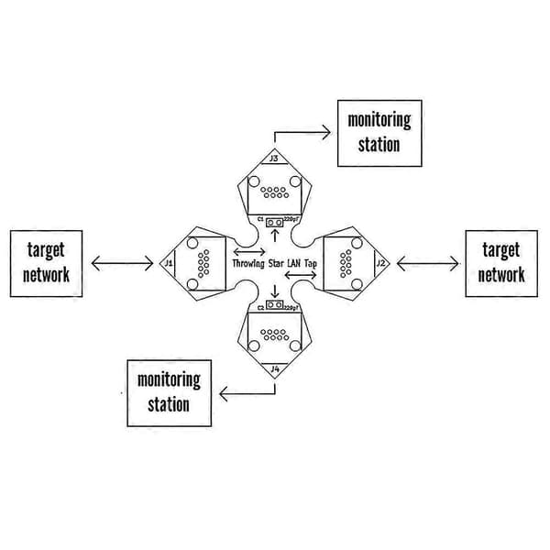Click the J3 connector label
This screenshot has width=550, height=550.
click(274, 159)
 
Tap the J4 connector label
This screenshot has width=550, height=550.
click(275, 369)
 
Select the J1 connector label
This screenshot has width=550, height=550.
click(169, 263)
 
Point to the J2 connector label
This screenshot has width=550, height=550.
click(380, 263)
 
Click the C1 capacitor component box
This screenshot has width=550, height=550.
click(274, 223)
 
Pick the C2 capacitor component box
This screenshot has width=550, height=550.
click(274, 305)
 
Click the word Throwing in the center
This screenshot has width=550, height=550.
click(248, 263)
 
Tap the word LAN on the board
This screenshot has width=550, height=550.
click(294, 263)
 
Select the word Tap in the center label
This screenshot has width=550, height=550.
click(310, 263)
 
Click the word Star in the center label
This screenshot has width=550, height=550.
click(276, 263)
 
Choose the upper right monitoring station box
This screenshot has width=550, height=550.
click(379, 133)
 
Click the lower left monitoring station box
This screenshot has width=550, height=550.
click(169, 393)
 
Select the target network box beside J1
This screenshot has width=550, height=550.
click(47, 264)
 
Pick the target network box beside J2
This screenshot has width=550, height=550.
click(501, 264)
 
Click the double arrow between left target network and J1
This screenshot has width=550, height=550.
click(122, 263)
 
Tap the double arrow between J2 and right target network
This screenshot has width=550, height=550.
click(427, 263)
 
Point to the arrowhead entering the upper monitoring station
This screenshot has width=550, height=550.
click(327, 133)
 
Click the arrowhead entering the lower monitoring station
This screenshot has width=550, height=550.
click(224, 393)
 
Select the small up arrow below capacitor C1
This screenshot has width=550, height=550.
click(275, 236)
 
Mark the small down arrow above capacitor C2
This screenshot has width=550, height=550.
click(275, 291)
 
